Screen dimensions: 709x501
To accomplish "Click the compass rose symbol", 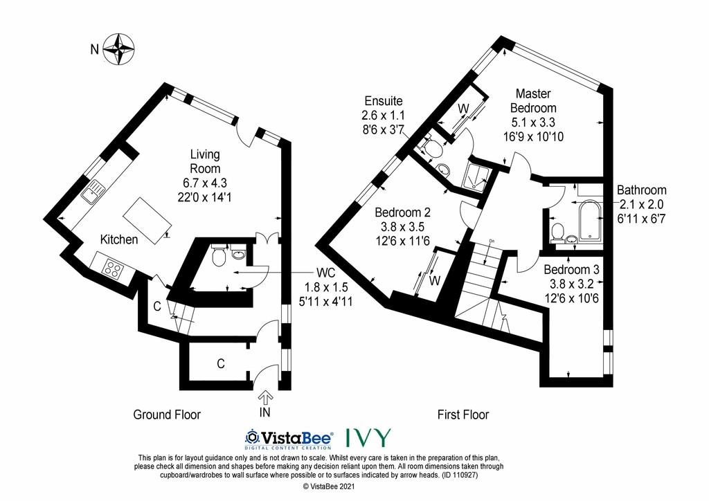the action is pyautogui.click(x=118, y=49).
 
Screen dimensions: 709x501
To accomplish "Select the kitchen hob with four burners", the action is pyautogui.click(x=113, y=268).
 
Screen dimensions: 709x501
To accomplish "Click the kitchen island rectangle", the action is pyautogui.click(x=147, y=221).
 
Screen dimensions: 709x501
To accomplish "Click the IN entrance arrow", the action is pyautogui.click(x=265, y=397).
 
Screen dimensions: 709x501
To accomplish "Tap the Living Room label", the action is pyautogui.click(x=205, y=161).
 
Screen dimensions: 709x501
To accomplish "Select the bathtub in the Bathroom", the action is pyautogui.click(x=589, y=219).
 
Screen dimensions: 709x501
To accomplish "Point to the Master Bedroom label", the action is pyautogui.click(x=533, y=101).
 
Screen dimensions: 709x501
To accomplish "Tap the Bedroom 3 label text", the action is pyautogui.click(x=571, y=270).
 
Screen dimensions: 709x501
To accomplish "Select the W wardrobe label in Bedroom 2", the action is pyautogui.click(x=435, y=280).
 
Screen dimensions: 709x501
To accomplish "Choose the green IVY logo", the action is pyautogui.click(x=368, y=437).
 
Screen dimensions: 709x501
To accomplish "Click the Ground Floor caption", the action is pyautogui.click(x=167, y=415).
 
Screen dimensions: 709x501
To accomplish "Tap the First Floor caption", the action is pyautogui.click(x=463, y=415).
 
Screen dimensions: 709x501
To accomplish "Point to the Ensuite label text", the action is pyautogui.click(x=384, y=101).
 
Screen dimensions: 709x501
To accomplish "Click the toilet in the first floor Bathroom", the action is pyautogui.click(x=557, y=232).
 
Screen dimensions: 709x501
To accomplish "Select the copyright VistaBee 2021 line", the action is pyautogui.click(x=329, y=486).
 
